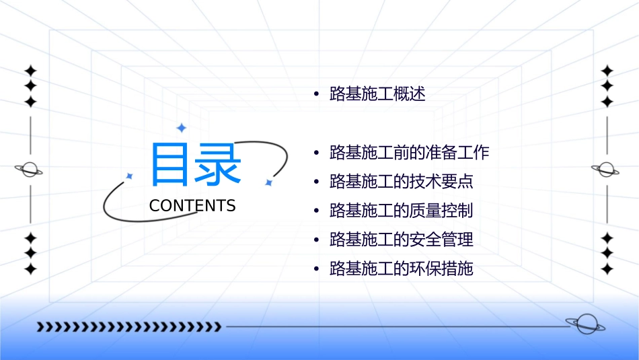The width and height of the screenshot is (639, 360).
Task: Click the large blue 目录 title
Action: [196, 164]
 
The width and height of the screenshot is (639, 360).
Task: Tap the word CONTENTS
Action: [192, 206]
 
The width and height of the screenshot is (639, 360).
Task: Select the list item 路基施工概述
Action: [377, 94]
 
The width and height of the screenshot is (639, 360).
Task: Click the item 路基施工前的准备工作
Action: [409, 152]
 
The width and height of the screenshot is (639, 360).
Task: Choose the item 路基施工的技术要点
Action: [402, 181]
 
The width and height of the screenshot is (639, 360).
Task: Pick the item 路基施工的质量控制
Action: [402, 211]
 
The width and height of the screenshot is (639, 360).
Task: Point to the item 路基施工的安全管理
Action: [402, 240]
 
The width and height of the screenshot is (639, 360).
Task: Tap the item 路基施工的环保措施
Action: [402, 269]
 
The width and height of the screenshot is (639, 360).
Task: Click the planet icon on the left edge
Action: [29, 170]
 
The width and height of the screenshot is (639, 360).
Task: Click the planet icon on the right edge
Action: [606, 170]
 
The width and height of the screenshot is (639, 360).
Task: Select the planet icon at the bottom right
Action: [585, 324]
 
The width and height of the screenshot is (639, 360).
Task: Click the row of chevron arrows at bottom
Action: [128, 327]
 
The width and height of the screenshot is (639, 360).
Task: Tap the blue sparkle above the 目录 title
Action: [181, 128]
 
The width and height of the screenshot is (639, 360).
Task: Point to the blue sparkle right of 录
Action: [268, 182]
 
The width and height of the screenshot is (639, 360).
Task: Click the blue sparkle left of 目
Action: [130, 176]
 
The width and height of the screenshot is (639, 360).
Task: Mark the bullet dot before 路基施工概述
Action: [316, 94]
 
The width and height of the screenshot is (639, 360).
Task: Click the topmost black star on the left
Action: [30, 71]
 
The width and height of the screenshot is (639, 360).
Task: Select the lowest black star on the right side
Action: [607, 269]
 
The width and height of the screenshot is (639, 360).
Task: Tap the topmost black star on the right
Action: [607, 71]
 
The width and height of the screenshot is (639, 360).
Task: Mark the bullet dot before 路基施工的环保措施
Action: [316, 269]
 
